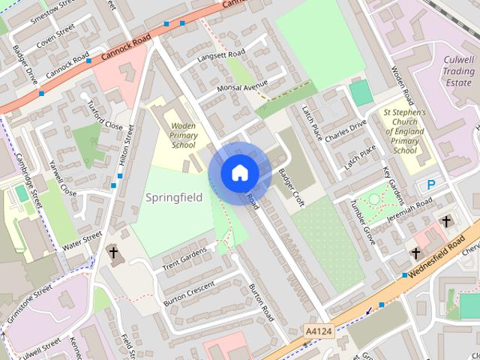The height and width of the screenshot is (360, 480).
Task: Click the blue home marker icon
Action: [x=239, y=172]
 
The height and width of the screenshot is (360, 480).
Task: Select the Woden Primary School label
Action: [x=182, y=135]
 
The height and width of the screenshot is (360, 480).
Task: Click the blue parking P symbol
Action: [x=431, y=184]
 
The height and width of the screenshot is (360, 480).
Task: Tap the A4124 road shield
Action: [x=318, y=329]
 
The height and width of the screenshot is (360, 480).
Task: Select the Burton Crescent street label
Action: [x=188, y=292]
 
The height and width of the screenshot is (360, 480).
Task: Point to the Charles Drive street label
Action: [x=345, y=128]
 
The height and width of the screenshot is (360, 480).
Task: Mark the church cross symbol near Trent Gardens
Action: [x=113, y=253]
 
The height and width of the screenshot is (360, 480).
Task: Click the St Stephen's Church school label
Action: [x=404, y=130]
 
